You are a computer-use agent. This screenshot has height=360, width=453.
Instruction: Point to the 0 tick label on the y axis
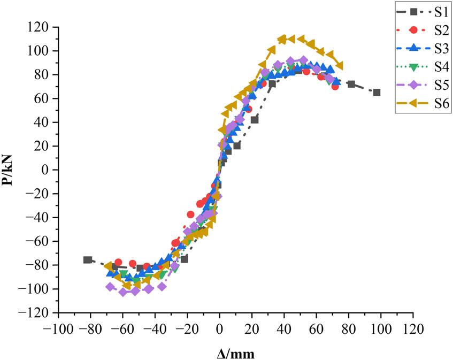[48, 170]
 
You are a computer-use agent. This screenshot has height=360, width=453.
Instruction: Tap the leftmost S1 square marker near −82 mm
[88, 259]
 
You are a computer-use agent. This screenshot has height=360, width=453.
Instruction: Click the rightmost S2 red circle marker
[335, 86]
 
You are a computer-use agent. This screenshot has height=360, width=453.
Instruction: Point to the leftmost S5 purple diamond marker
[110, 287]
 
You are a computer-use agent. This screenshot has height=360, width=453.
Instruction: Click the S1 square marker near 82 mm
[351, 84]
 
